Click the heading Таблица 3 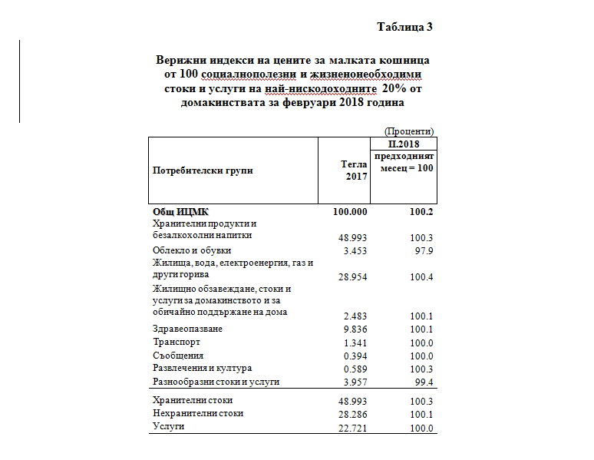405,27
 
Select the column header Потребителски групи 203,170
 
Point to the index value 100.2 421,212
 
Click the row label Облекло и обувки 192,250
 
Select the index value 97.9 424,250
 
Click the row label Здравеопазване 188,329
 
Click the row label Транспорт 177,342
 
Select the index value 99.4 424,382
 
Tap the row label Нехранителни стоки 198,413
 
